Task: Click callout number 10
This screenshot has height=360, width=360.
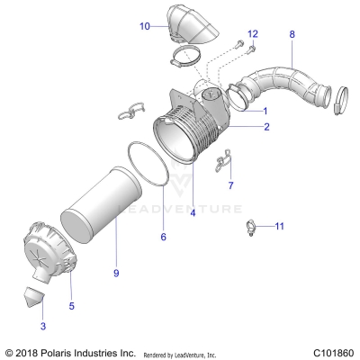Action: (145, 27)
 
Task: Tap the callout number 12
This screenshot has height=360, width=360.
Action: (253, 33)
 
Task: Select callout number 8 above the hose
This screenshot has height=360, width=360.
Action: (291, 34)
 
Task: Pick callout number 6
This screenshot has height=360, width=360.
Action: (163, 237)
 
